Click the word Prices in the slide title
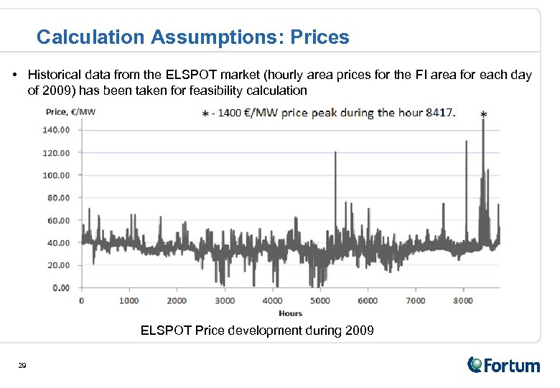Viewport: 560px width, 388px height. pos(319,37)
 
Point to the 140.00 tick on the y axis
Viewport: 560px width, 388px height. pos(57,130)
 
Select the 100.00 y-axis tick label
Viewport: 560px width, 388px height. pos(57,175)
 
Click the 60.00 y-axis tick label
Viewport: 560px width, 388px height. pos(59,221)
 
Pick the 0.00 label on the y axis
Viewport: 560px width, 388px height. pos(61,288)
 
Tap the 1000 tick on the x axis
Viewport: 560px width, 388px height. pos(129,301)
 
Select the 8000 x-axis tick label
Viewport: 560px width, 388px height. pos(463,301)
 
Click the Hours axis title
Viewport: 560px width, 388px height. pos(291,313)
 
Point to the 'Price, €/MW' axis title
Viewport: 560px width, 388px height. pos(70,111)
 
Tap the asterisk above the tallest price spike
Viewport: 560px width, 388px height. pos(482,114)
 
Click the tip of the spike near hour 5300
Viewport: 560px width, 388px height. pos(335,142)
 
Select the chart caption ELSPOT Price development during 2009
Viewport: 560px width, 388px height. pos(257,331)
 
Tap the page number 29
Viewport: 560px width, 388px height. pos(22,366)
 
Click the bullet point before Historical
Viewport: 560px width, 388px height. pos(16,75)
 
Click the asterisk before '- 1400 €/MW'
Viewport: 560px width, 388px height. pos(206,114)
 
